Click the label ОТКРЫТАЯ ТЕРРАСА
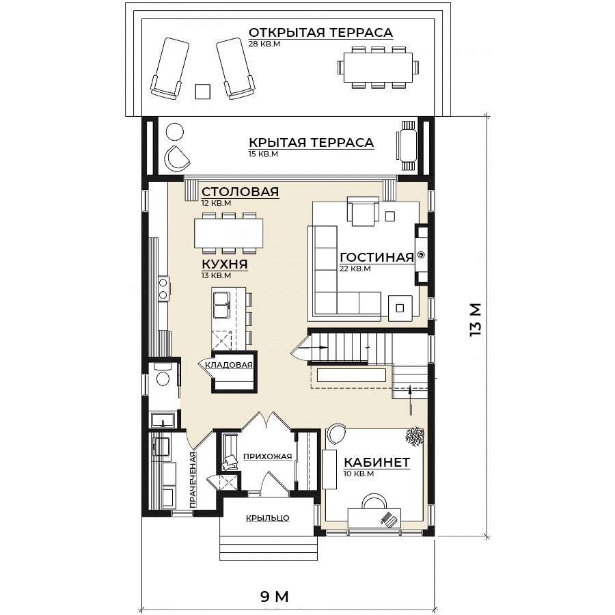pos(320,32)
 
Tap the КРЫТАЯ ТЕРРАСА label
pos(312,142)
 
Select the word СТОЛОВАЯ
pos(240,192)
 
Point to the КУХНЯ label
pos(225,264)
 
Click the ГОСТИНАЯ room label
pos(377,258)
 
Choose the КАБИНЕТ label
pos(377,463)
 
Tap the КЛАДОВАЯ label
pos(229,365)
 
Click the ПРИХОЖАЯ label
pos(267,456)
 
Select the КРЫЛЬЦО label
pos(267,518)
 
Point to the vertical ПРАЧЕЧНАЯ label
pos(192,480)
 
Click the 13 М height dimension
pos(475,319)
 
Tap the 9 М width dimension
pos(275,597)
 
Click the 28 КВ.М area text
pos(264,44)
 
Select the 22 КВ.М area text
pos(355,269)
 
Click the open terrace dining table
pos(378,67)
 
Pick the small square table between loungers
pos(203,92)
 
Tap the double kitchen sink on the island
pos(221,305)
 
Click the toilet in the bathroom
pos(162,375)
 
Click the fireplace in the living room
pos(422,255)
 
